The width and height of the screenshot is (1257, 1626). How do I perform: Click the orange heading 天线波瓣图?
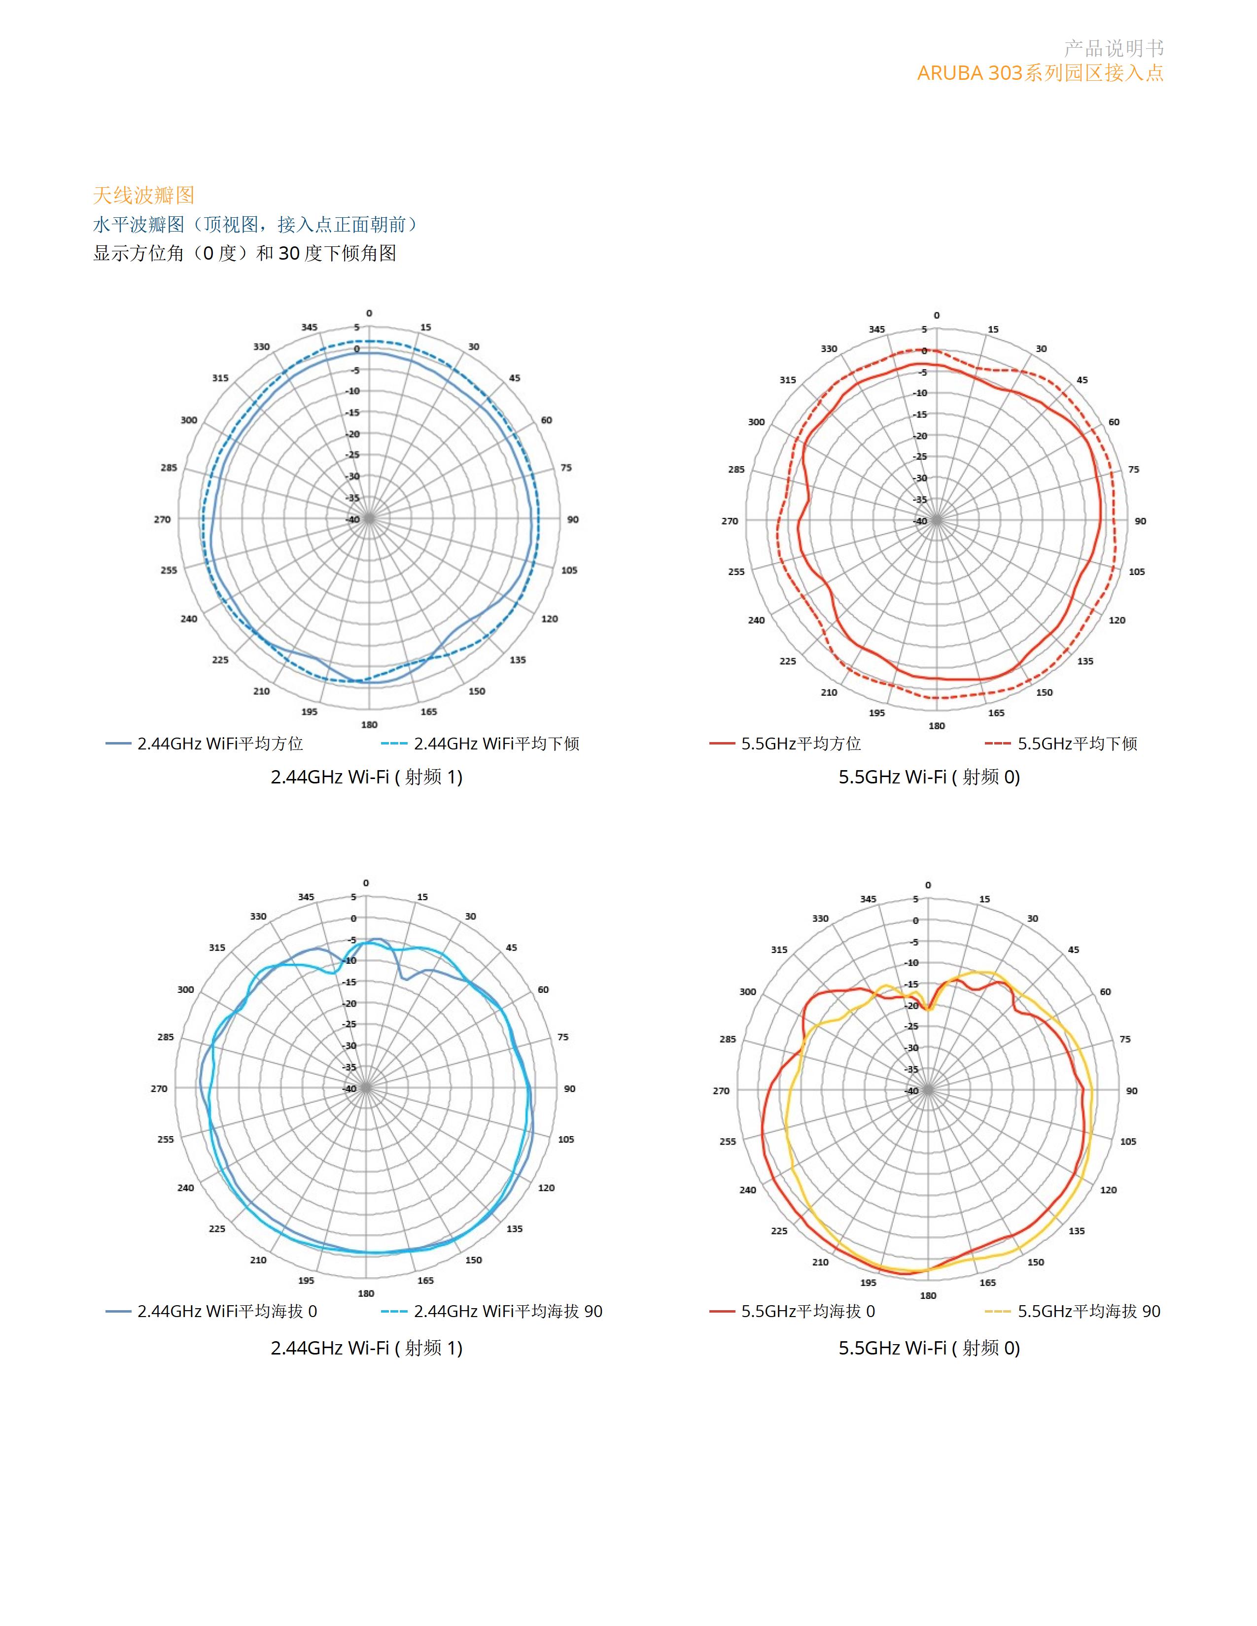[144, 196]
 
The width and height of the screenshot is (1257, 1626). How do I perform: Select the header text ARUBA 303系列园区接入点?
[1040, 73]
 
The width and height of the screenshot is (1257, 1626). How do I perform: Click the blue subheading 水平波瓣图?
[139, 225]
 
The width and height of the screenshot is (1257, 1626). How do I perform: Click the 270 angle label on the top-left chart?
[162, 520]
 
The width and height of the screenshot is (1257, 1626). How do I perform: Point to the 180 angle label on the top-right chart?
[937, 726]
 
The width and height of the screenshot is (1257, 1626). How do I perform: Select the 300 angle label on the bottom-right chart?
[748, 992]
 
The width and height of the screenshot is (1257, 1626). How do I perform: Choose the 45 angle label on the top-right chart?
[1082, 380]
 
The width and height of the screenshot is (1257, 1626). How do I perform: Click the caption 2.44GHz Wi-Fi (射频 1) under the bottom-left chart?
[366, 1348]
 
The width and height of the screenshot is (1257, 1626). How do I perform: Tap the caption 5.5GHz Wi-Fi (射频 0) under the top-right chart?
[929, 777]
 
